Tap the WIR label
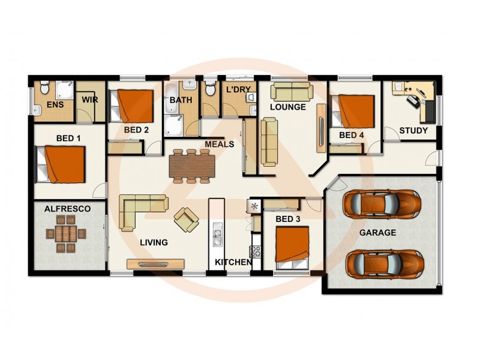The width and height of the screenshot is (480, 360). (x=90, y=100)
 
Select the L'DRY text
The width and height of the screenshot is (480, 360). (x=238, y=89)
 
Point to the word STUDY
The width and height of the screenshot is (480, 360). (x=413, y=130)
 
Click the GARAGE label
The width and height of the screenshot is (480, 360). (x=377, y=232)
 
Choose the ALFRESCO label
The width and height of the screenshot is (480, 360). (x=68, y=209)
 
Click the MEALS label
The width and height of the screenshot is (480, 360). (x=219, y=144)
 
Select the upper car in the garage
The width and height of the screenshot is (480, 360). (x=382, y=204)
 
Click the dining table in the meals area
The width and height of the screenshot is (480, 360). (x=190, y=166)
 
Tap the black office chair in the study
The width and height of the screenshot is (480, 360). (x=414, y=100)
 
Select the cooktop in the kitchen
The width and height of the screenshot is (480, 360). (x=256, y=251)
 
